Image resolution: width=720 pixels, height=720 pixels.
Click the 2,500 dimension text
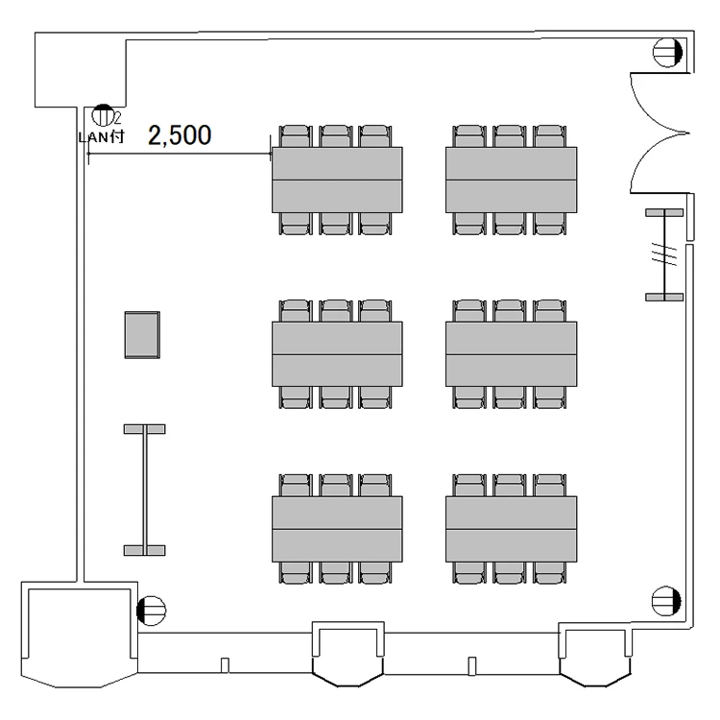pyautogui.click(x=180, y=135)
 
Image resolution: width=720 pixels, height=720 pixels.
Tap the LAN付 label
pyautogui.click(x=102, y=137)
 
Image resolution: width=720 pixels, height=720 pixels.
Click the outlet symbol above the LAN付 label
pyautogui.click(x=103, y=115)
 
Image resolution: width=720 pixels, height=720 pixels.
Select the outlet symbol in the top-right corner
pyautogui.click(x=667, y=53)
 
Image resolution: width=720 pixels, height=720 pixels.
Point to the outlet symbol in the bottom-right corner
pyautogui.click(x=666, y=601)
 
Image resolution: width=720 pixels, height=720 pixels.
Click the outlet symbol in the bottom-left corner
pyautogui.click(x=151, y=611)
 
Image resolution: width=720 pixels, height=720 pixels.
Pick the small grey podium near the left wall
pyautogui.click(x=142, y=335)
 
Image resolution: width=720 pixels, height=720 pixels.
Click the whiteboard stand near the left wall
pyautogui.click(x=145, y=490)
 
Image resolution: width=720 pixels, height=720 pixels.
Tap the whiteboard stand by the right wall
pyautogui.click(x=664, y=254)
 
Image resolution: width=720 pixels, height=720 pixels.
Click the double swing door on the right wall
pyautogui.click(x=660, y=132)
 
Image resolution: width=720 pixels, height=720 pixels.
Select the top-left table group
pyautogui.click(x=337, y=180)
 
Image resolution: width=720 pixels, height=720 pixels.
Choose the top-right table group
pyautogui.click(x=511, y=180)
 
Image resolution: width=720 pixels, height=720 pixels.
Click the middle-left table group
pyautogui.click(x=337, y=354)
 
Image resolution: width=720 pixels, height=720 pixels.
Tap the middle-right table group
pyautogui.click(x=511, y=354)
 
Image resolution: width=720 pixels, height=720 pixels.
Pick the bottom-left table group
pyautogui.click(x=337, y=529)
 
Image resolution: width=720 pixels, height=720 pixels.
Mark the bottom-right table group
pyautogui.click(x=511, y=529)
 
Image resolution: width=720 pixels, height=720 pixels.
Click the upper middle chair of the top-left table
pyautogui.click(x=336, y=136)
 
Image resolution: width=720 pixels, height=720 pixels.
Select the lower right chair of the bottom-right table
pyautogui.click(x=550, y=572)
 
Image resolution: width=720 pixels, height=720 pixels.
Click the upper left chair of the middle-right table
pyautogui.click(x=468, y=311)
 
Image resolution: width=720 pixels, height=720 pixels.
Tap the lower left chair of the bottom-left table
pyautogui.click(x=296, y=572)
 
